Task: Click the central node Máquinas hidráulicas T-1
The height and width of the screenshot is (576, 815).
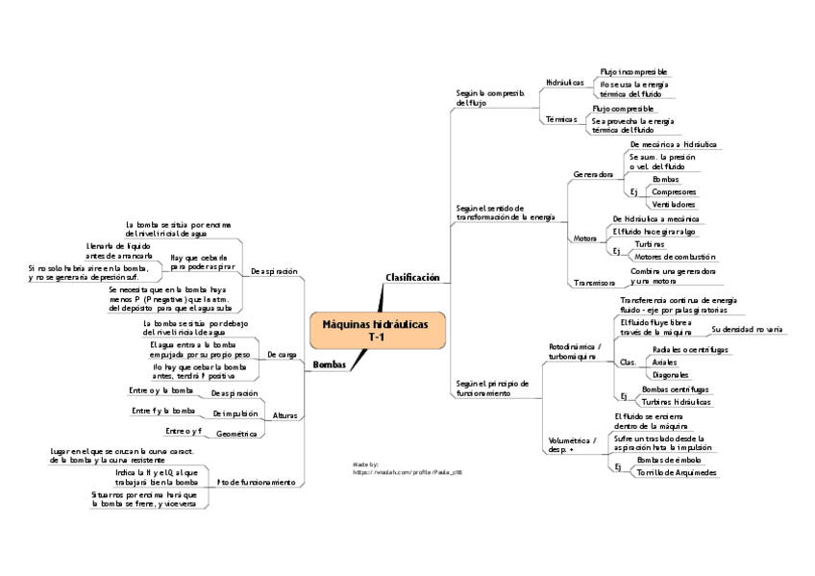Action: pos(379,330)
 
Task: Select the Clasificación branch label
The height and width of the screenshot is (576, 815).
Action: pos(412,277)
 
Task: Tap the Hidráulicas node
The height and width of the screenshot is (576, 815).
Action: pos(564,84)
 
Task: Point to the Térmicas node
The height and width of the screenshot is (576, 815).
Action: pos(560,120)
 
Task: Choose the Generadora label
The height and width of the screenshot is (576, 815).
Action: pos(593,175)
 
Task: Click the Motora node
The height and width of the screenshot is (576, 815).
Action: pos(584,238)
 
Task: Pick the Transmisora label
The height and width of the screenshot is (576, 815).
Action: pos(594,283)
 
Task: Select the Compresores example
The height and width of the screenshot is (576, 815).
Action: pos(674,191)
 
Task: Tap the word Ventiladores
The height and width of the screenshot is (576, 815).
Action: pos(673,204)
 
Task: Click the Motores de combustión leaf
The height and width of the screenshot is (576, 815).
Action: pos(675,257)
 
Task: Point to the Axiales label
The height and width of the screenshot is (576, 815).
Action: pos(664,362)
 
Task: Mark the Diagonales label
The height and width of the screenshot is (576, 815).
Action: pos(669,374)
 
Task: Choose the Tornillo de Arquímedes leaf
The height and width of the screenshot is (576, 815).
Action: pos(676,472)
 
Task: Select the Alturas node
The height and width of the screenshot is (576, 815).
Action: pos(284,415)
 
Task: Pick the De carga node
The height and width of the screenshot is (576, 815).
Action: pos(282,355)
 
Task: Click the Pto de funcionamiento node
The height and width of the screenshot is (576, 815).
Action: pos(256,481)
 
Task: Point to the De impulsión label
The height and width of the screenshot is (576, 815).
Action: pos(235,413)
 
